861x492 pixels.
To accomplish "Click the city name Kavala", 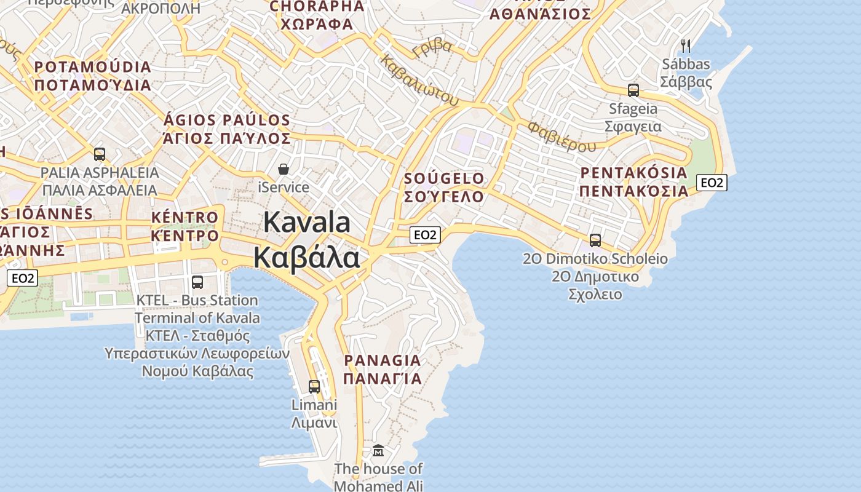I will pyautogui.click(x=307, y=223).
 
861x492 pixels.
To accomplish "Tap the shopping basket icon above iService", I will pyautogui.click(x=284, y=169).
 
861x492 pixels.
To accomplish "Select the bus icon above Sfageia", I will pyautogui.click(x=633, y=90).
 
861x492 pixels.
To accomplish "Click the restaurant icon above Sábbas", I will pyautogui.click(x=686, y=46).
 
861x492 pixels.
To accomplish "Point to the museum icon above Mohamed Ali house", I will pyautogui.click(x=378, y=451).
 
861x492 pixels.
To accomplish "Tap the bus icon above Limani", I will pyautogui.click(x=314, y=386).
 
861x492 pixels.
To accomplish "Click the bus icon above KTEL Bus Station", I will pyautogui.click(x=197, y=282).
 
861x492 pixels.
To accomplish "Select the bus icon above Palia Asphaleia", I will pyautogui.click(x=100, y=154).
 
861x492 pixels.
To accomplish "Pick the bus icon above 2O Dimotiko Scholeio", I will pyautogui.click(x=595, y=240).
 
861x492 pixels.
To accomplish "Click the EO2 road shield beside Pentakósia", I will pyautogui.click(x=712, y=182).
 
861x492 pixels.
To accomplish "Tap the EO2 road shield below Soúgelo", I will pyautogui.click(x=425, y=234).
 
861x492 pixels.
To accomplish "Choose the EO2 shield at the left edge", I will pyautogui.click(x=23, y=278).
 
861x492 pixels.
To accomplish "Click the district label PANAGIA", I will pyautogui.click(x=382, y=360).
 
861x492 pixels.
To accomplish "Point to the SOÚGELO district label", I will pyautogui.click(x=444, y=178).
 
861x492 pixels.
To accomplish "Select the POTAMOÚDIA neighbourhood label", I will pyautogui.click(x=93, y=67).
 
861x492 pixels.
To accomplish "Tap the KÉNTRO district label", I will pyautogui.click(x=184, y=217).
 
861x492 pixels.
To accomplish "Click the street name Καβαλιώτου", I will pyautogui.click(x=419, y=80).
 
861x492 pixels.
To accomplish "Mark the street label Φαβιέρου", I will pyautogui.click(x=561, y=137).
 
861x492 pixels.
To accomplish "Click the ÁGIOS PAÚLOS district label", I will pyautogui.click(x=227, y=120).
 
